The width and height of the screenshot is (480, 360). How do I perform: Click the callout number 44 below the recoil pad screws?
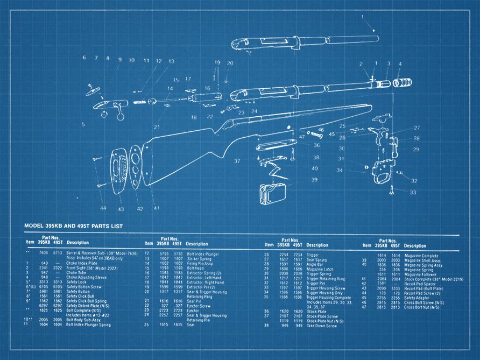click(x=102, y=208)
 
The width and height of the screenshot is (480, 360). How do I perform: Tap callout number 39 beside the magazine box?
click(x=314, y=180)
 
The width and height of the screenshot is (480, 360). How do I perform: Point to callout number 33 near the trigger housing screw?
click(x=413, y=192)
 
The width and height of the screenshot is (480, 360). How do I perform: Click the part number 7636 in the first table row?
click(x=44, y=252)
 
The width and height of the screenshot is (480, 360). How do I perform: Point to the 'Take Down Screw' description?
click(x=321, y=326)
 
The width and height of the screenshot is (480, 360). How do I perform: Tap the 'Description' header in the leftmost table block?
click(x=77, y=243)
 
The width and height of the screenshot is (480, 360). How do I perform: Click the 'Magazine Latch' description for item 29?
click(x=320, y=269)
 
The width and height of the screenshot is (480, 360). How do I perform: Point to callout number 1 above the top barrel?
click(x=362, y=17)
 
